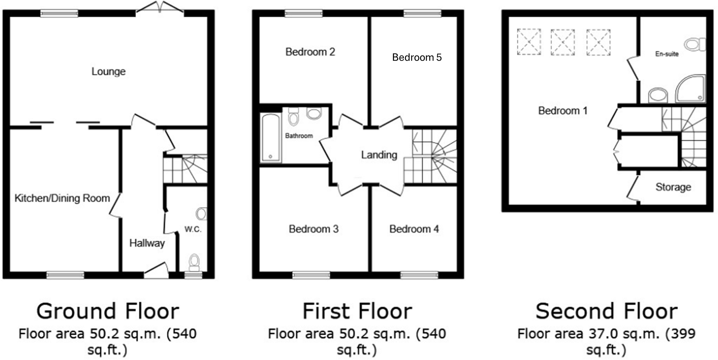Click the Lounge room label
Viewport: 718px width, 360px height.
pyautogui.click(x=108, y=72)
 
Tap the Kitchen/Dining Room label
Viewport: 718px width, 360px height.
pyautogui.click(x=62, y=198)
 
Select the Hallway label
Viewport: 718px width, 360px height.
pyautogui.click(x=147, y=243)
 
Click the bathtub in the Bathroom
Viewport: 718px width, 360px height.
pyautogui.click(x=270, y=138)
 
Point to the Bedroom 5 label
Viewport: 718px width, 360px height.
pyautogui.click(x=417, y=57)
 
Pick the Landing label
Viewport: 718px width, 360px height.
pyautogui.click(x=379, y=155)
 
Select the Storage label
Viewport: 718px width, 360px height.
pyautogui.click(x=673, y=187)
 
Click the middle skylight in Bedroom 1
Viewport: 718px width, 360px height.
pyautogui.click(x=563, y=42)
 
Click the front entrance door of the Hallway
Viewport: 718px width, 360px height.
pyautogui.click(x=156, y=270)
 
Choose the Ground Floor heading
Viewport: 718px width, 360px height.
pyautogui.click(x=108, y=311)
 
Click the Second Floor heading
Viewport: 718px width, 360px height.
pyautogui.click(x=606, y=311)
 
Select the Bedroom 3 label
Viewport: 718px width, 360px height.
pyautogui.click(x=313, y=229)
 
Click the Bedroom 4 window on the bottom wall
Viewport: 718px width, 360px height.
pyautogui.click(x=419, y=275)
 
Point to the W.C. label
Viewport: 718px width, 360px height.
pyautogui.click(x=193, y=229)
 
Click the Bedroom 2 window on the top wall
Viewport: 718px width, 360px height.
pyautogui.click(x=304, y=13)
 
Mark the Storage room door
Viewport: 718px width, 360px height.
pyautogui.click(x=632, y=188)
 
